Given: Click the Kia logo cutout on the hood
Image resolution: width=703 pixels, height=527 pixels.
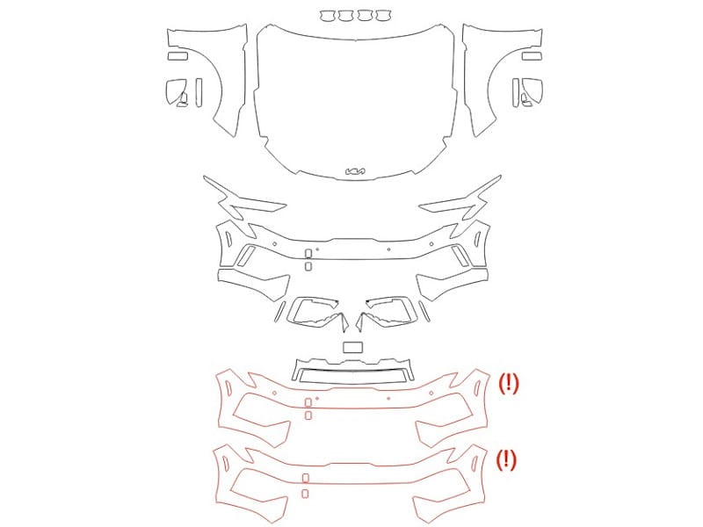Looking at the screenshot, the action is pyautogui.click(x=355, y=170).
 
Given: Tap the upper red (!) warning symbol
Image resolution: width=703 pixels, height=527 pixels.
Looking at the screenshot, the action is pyautogui.click(x=509, y=384).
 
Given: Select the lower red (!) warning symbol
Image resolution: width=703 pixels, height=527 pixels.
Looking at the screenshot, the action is pyautogui.click(x=507, y=459).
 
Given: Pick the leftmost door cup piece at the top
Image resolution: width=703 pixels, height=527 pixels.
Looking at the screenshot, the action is pyautogui.click(x=328, y=16).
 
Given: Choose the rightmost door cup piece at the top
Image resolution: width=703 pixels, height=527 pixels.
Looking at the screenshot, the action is pyautogui.click(x=384, y=16).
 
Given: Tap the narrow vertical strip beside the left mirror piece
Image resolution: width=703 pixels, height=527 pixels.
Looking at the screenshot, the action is pyautogui.click(x=199, y=93).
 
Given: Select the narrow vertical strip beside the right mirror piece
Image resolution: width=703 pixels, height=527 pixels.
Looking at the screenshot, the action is pyautogui.click(x=516, y=93).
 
